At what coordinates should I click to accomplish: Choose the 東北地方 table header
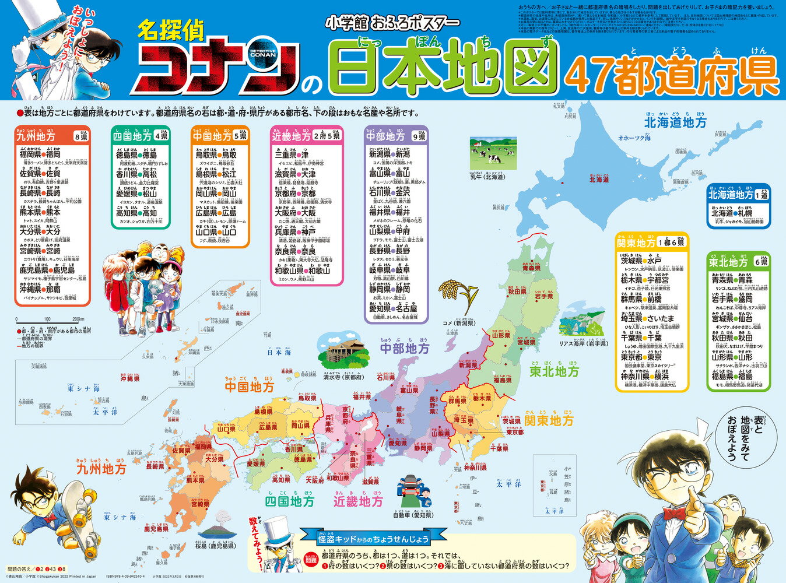[x=732, y=262]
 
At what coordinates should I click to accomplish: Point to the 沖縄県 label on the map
[x=129, y=378]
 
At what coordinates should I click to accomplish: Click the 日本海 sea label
[x=279, y=352]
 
